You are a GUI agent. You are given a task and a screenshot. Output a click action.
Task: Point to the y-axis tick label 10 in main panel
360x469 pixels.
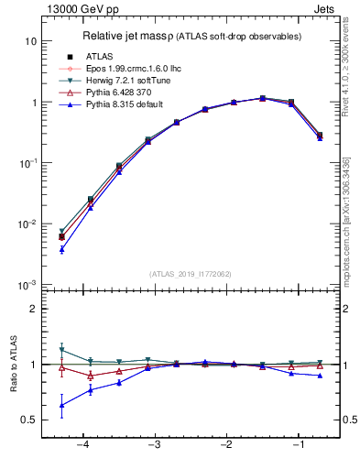(x=31, y=42)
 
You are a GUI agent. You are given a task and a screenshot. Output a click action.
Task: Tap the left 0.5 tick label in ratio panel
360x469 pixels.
(x=29, y=420)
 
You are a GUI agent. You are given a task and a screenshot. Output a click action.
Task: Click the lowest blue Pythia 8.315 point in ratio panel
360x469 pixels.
(x=61, y=405)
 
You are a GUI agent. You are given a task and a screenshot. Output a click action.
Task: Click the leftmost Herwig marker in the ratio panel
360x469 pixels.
(x=61, y=350)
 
